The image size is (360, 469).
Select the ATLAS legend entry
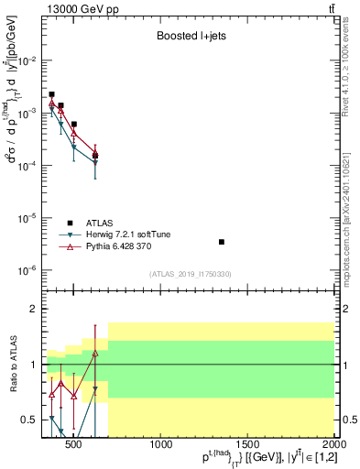(x=99, y=223)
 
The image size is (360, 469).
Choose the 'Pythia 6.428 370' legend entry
(x=119, y=247)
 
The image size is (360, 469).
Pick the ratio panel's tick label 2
(x=35, y=309)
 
